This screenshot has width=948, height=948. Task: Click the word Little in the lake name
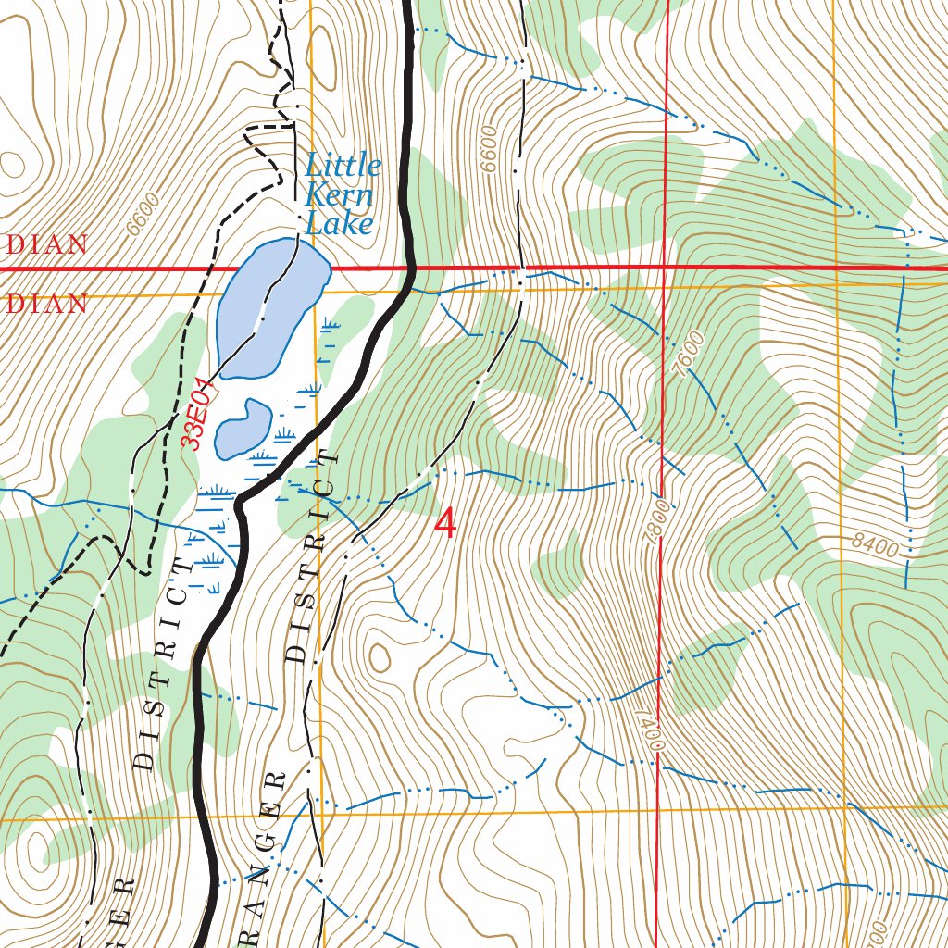click(x=343, y=167)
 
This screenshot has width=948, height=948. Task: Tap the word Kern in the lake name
click(x=339, y=195)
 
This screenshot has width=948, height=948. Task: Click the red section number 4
click(x=445, y=524)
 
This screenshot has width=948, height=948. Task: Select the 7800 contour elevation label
click(x=659, y=523)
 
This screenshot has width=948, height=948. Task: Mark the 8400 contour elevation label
click(x=875, y=546)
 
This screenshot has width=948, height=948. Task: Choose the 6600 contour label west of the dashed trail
click(x=144, y=212)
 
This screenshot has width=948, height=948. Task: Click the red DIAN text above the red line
click(x=46, y=245)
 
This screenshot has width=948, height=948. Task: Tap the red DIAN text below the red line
click(x=46, y=304)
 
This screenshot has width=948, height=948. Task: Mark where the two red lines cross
click(x=667, y=268)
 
